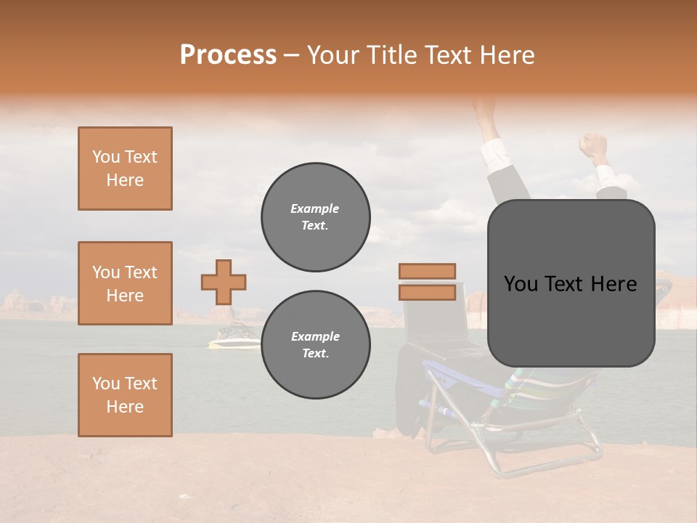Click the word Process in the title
[x=228, y=54]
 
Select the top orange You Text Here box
[x=125, y=169]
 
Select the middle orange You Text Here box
[x=125, y=283]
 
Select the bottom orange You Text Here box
[x=125, y=395]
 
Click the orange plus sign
[x=224, y=282]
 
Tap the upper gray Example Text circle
[x=316, y=217]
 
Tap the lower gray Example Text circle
[x=316, y=345]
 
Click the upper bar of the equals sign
[x=427, y=271]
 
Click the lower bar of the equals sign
[x=427, y=292]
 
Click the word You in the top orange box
[x=105, y=157]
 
